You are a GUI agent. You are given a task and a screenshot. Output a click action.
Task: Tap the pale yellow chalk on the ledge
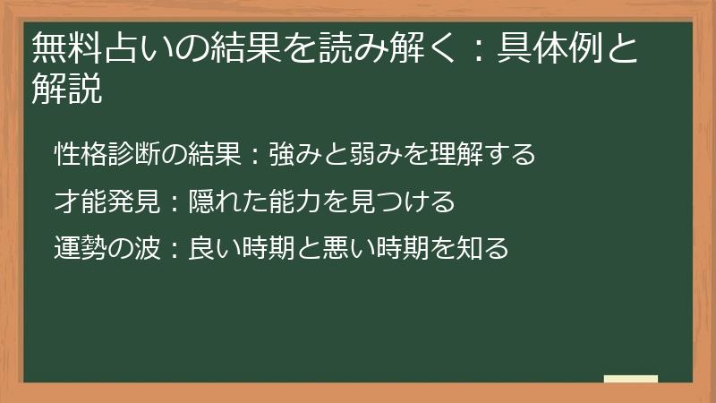point(630,379)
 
